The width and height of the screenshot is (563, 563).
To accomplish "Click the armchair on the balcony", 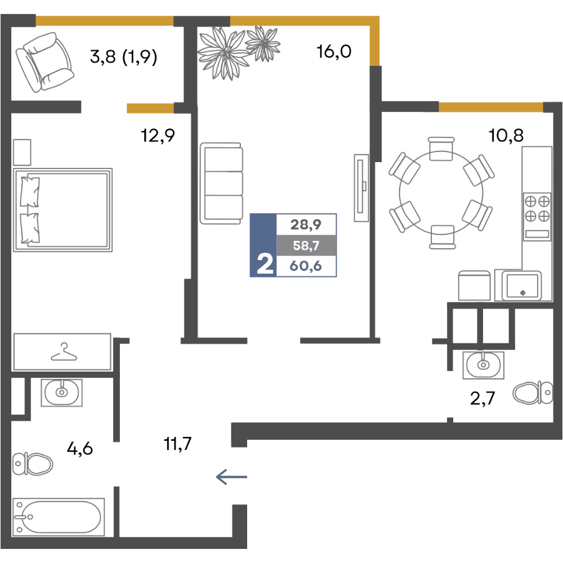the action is [x=44, y=62].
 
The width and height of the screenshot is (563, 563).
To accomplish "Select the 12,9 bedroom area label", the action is [x=158, y=136].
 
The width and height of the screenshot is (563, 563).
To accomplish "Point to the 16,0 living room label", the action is [x=333, y=52].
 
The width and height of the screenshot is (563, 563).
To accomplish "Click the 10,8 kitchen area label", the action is [x=506, y=136].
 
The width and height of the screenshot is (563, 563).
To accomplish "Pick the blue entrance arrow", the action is [x=231, y=477].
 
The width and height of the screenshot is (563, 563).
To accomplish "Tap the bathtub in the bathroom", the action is [x=59, y=517].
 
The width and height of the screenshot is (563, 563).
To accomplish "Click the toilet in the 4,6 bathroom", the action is [x=32, y=463].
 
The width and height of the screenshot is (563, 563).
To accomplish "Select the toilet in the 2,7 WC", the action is [x=533, y=392].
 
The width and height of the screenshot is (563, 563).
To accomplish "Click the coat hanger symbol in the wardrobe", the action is [x=64, y=352].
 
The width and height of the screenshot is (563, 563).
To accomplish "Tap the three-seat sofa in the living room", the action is [x=221, y=183].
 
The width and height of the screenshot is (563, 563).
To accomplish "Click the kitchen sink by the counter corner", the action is [x=522, y=285].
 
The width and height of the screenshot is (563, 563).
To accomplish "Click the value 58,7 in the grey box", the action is [x=306, y=245].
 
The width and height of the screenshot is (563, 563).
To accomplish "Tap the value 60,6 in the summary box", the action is [x=306, y=266].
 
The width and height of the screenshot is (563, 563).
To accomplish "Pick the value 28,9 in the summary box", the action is [x=306, y=225].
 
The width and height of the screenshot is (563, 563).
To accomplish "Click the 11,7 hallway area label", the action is [x=177, y=444].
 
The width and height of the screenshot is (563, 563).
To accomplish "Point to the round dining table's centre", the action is [x=441, y=193].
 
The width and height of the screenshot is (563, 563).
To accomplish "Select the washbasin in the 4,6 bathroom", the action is [x=62, y=392].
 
